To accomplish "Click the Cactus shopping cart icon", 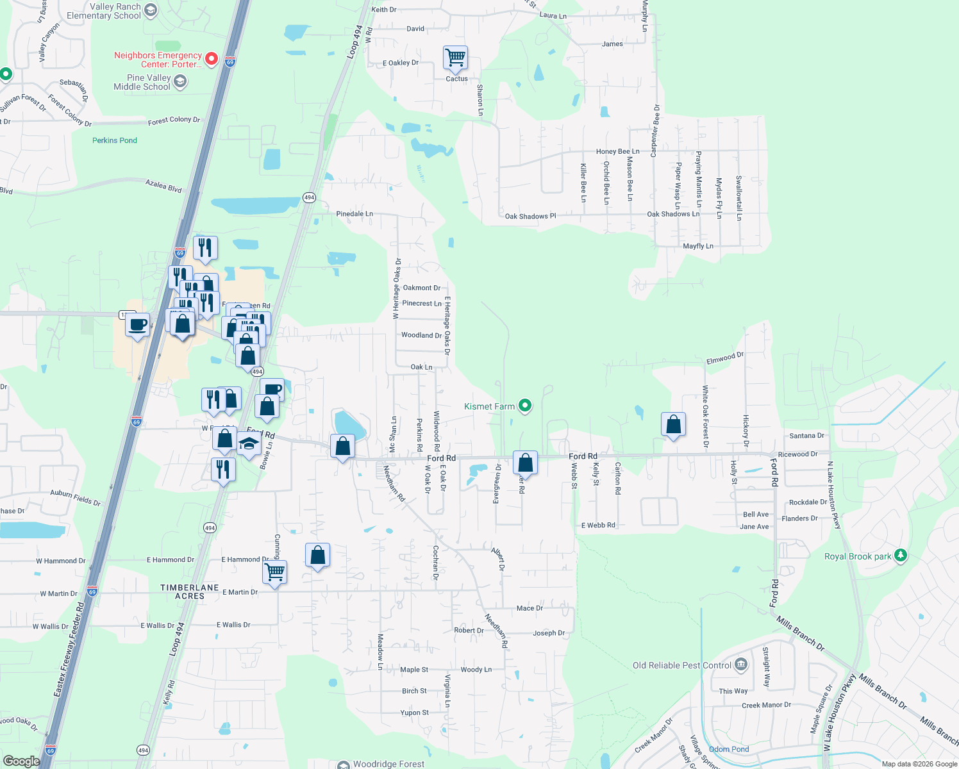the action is coord(455,58).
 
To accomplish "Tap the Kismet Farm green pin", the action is coord(525,406).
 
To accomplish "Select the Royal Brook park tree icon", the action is coord(901,556).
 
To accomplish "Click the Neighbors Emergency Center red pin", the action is coord(212,60).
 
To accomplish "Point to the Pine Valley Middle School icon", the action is coord(180,81).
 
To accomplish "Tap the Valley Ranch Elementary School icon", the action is coord(151,10).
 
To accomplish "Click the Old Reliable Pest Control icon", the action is coord(741,665).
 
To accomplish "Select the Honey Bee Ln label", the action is coord(617,152).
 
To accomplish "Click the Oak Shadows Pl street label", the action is coord(530,217).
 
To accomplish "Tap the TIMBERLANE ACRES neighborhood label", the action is coord(190,591).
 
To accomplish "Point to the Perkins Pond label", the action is coord(115,140).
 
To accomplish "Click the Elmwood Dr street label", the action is coord(724,358).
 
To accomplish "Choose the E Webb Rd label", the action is coord(598,525).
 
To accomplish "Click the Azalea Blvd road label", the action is coord(163,186).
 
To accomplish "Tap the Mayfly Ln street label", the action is coord(698,246).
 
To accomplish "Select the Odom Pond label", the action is coord(729,749).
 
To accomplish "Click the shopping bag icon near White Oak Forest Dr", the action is coord(673,424).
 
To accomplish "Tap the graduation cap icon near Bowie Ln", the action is coord(249,443).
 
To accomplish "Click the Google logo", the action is coord(21,761).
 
